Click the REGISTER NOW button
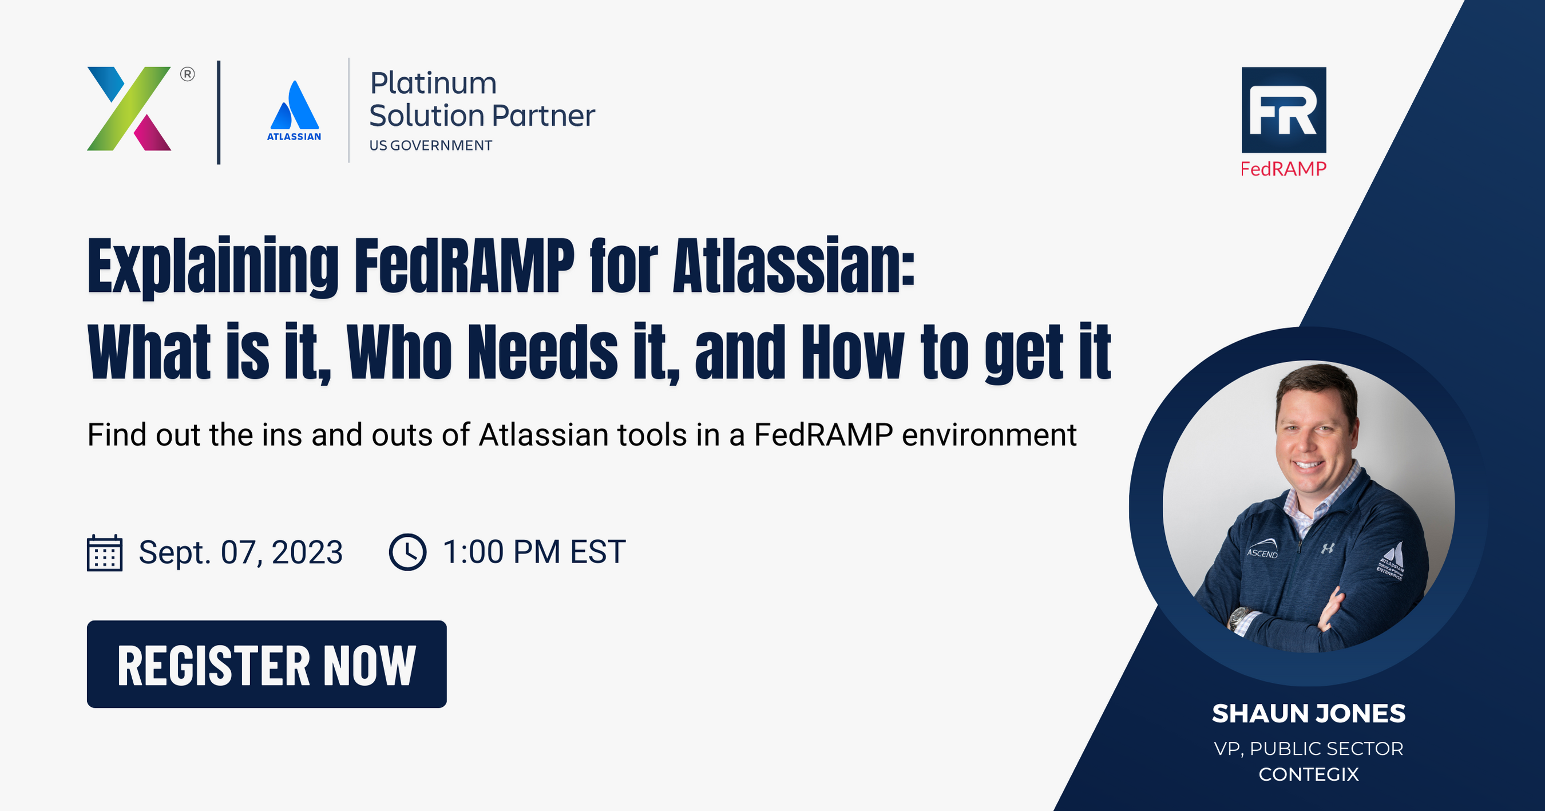(x=266, y=664)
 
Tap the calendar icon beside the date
(x=105, y=552)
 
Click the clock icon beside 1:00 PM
(x=408, y=552)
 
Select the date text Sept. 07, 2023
(x=240, y=552)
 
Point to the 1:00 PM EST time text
(x=534, y=552)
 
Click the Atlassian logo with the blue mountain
(x=294, y=111)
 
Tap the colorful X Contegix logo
(x=129, y=109)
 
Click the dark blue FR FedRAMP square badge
(x=1283, y=110)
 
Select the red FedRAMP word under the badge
(x=1283, y=169)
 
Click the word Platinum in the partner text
(x=433, y=84)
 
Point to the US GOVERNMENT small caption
(x=431, y=146)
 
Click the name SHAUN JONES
(x=1308, y=714)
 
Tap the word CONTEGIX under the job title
(x=1308, y=774)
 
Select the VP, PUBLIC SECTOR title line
(x=1308, y=749)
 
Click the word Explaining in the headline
(x=213, y=267)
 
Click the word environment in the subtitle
(x=989, y=435)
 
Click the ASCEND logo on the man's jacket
(x=1262, y=551)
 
